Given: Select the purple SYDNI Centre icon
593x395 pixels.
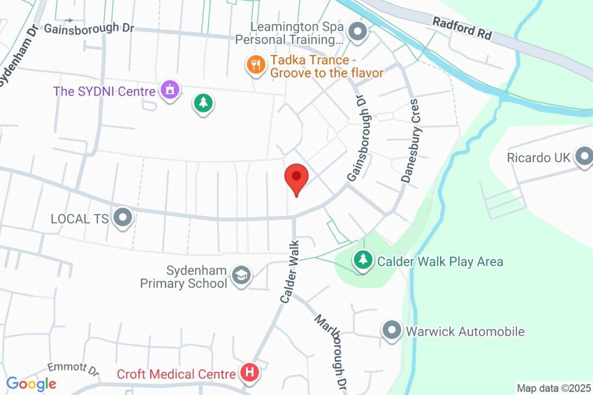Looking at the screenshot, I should pos(170,90).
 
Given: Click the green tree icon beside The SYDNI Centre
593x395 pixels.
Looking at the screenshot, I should pos(203,104).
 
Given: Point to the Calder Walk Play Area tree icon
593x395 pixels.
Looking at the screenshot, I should pos(363,260).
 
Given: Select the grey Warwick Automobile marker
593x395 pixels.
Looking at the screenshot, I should pos(392,331).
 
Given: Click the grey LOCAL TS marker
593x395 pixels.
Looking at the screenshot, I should pos(122,218).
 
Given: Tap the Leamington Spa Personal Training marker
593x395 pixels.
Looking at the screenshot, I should pos(357,32).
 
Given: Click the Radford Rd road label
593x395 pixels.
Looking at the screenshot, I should pos(462,28).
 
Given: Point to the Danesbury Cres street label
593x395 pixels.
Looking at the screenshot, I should pos(412,141).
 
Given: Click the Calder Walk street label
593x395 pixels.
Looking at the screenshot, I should pos(290,271).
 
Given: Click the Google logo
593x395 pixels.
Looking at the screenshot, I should pos(31,383).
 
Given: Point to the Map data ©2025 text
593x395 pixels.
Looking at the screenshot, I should pos(554,388).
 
